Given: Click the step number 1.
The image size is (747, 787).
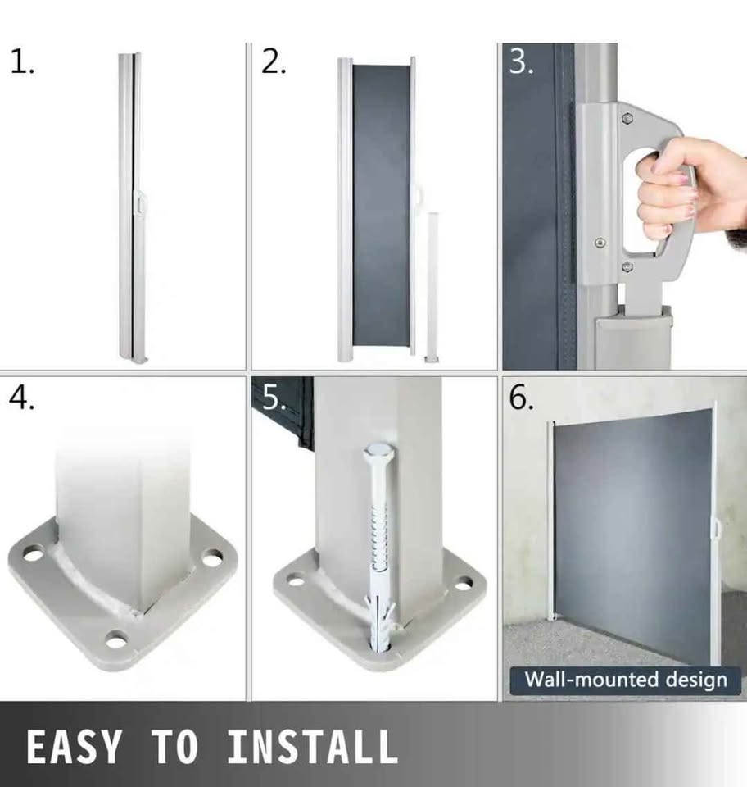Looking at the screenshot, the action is pos(21,62).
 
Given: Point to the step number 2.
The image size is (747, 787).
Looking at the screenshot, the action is pos(274,62).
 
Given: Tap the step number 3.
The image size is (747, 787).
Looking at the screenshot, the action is pos(521,62).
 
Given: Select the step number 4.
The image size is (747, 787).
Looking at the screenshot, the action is pos(21,398).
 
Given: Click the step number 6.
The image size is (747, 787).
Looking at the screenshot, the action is pos(522,398).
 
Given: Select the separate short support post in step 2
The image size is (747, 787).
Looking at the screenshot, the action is pos(432,286).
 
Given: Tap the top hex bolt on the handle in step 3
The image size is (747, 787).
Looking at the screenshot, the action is pos(627,119).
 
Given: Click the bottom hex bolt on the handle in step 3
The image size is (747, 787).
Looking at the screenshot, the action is pos(627,267).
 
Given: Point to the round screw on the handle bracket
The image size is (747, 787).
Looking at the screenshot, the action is pos(600,243).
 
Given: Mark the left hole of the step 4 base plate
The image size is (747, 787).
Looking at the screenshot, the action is pos(33,555).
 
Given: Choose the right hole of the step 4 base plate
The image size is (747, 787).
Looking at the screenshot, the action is pos(213,557).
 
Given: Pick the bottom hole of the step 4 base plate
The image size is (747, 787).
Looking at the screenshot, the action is pos(116,640).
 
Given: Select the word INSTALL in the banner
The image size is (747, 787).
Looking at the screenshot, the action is pos(312,746).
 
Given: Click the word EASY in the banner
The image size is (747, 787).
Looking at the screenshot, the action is pos(74,746).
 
